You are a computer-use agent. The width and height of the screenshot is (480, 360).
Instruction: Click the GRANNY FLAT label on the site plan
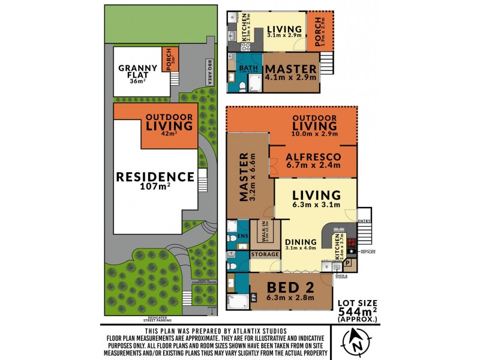[x=138, y=71]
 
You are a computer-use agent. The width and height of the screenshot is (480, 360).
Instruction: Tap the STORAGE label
[x=265, y=255]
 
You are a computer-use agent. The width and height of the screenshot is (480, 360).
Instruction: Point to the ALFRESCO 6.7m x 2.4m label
[x=313, y=161]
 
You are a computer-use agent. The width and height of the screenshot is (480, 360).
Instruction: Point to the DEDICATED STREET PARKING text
[x=159, y=319]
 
